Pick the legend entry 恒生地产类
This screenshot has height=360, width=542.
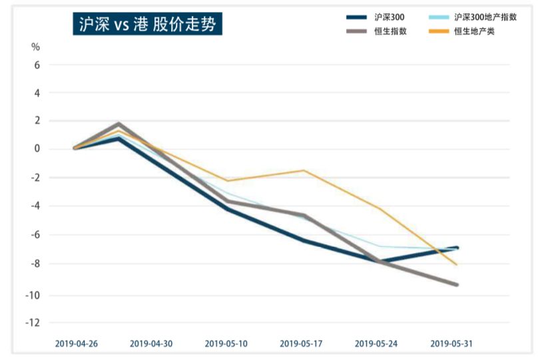click(474, 31)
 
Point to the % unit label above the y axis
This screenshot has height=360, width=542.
click(35, 47)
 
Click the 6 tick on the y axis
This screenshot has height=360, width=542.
click(37, 65)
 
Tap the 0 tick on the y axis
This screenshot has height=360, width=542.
click(37, 148)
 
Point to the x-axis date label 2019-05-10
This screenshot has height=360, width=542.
click(226, 344)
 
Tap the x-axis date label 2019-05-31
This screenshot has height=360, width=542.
click(452, 344)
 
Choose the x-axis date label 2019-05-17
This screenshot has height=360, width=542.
click(302, 344)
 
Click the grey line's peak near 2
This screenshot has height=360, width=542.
click(119, 124)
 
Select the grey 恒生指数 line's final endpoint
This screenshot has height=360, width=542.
click(457, 285)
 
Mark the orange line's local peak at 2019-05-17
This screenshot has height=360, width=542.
click(304, 170)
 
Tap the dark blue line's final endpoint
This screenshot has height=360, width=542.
click(457, 248)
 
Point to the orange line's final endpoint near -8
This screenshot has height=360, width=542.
click(457, 265)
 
